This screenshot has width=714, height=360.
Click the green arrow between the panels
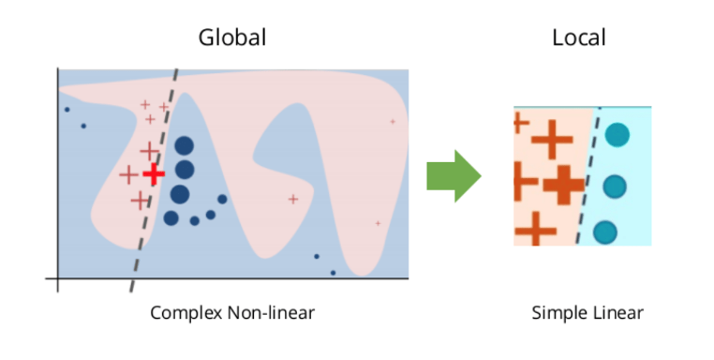(454, 176)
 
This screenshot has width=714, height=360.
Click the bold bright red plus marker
(154, 173)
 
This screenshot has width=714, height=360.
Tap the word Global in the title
(232, 37)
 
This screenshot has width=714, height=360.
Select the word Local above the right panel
(579, 37)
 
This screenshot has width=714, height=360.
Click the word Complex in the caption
(186, 313)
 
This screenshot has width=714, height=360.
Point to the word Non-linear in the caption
(271, 312)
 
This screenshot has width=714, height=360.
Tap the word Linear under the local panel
(613, 312)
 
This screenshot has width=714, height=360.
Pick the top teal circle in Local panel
(617, 135)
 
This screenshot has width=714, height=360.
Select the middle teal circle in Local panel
(615, 187)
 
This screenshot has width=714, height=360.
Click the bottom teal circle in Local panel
(605, 232)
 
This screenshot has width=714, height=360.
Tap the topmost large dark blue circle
(184, 146)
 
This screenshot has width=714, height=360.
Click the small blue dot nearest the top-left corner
(67, 110)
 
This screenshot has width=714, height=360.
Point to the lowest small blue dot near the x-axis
(333, 273)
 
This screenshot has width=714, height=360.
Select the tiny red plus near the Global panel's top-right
(393, 122)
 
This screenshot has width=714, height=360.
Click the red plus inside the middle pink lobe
(293, 199)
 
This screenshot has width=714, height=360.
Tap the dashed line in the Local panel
(588, 176)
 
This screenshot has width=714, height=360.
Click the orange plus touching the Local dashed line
(564, 185)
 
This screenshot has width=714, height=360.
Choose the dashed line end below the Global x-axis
(130, 292)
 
